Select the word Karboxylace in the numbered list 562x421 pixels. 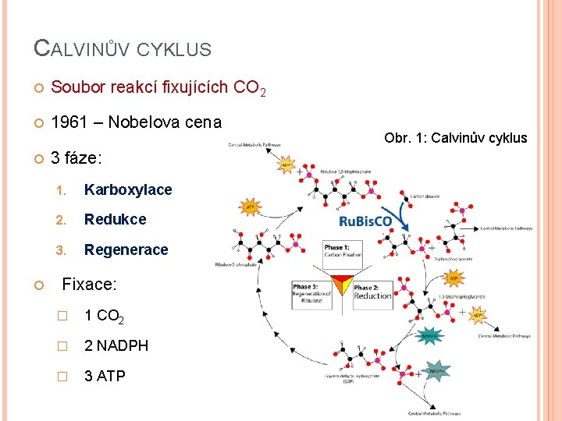(128, 190)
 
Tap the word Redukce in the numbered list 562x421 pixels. (115, 220)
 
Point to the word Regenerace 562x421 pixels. (126, 249)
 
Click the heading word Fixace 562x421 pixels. (88, 285)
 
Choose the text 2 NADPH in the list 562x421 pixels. (116, 345)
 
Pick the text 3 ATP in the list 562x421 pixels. (105, 376)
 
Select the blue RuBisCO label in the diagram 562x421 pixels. (366, 221)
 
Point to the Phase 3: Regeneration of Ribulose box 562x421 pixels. (311, 292)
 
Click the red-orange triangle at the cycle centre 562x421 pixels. (342, 284)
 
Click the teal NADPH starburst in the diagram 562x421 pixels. (430, 336)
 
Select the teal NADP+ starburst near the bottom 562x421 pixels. (436, 372)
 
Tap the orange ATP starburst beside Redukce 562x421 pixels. (250, 207)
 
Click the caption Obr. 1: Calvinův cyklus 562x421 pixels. (456, 138)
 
